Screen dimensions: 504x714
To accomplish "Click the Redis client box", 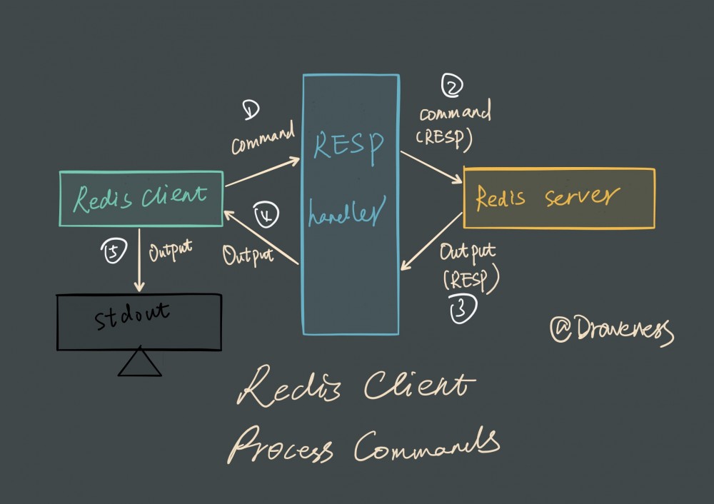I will coord(141,198).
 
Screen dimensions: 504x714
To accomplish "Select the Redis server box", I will coord(559,198).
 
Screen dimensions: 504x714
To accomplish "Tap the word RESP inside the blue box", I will coord(350,146).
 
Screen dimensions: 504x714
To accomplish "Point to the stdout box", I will coord(139,321).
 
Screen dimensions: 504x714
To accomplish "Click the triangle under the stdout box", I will coord(140,364).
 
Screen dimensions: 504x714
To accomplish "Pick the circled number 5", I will coord(116,251).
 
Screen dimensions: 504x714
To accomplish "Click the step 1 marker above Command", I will coord(251,109).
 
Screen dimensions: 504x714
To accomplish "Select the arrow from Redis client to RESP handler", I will coord(263,172).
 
